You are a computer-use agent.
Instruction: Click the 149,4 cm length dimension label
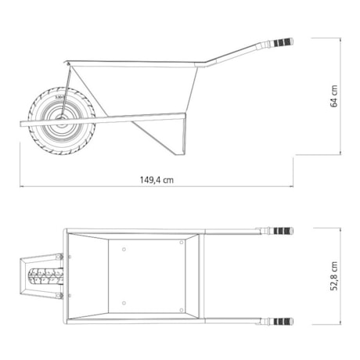coord(157,179)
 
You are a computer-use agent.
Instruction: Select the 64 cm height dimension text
coord(334,97)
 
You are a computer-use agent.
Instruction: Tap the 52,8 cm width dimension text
coord(334,275)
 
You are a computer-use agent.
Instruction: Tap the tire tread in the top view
coord(45,276)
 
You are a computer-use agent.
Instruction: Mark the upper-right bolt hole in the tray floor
coord(181,243)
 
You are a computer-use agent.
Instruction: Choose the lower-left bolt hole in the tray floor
coord(125,302)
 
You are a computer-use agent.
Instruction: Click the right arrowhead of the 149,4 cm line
coord(293,186)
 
